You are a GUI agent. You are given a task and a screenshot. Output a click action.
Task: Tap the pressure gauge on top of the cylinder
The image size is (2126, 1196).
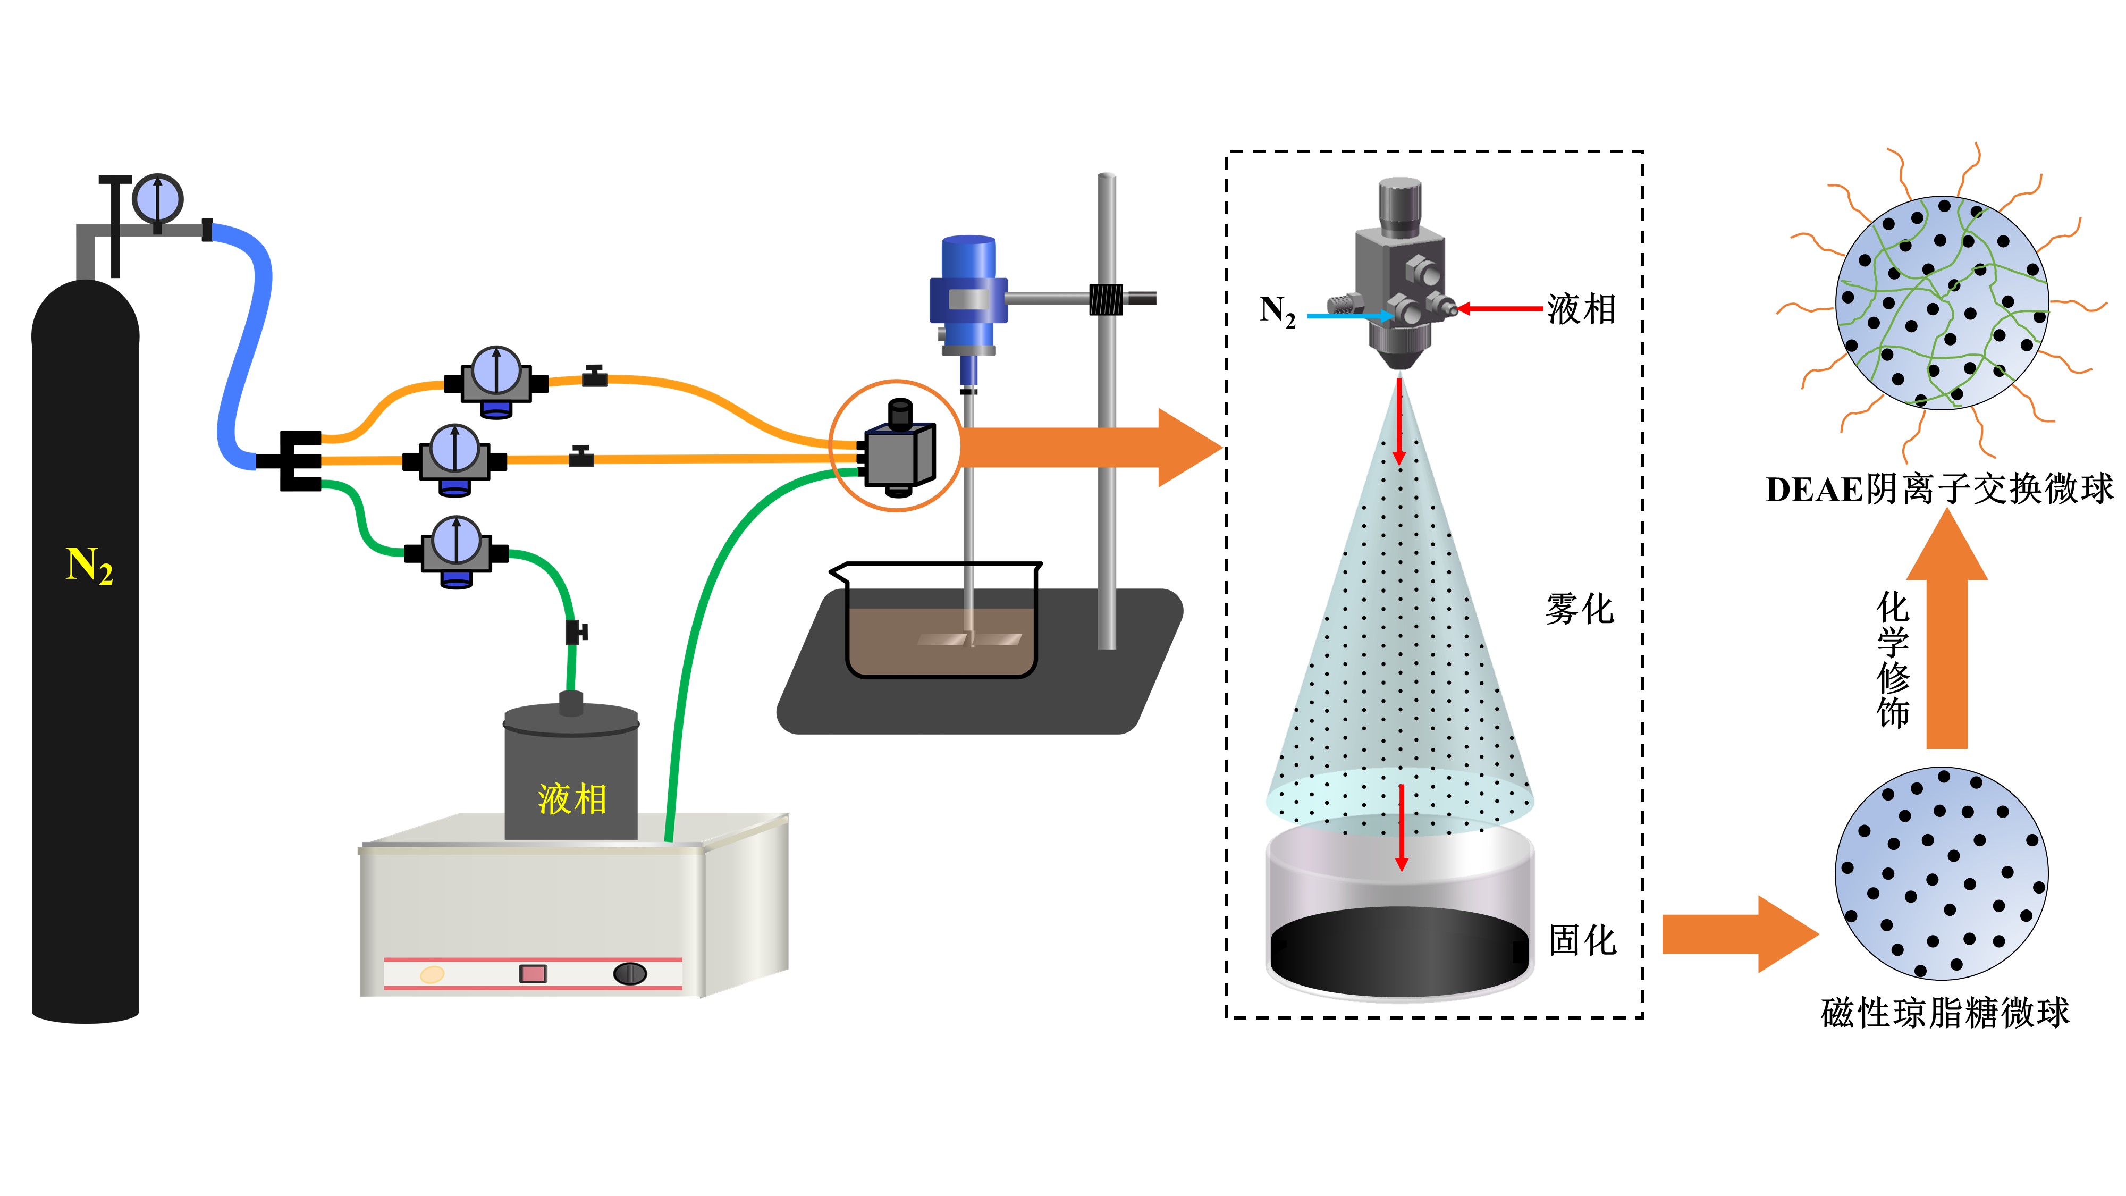pos(158,198)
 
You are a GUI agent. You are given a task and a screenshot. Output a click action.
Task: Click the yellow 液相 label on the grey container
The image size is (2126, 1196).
pos(572,799)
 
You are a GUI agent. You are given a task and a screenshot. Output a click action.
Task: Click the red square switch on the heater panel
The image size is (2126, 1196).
pos(533,974)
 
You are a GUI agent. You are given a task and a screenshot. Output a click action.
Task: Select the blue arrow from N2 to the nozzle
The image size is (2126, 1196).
pos(1349,315)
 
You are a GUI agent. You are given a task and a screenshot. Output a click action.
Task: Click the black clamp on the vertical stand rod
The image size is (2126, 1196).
pos(1106,299)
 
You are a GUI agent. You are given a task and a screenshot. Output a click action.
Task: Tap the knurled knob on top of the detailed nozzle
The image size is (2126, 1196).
pos(1400,204)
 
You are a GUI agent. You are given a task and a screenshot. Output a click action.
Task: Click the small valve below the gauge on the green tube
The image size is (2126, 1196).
pos(575,632)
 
